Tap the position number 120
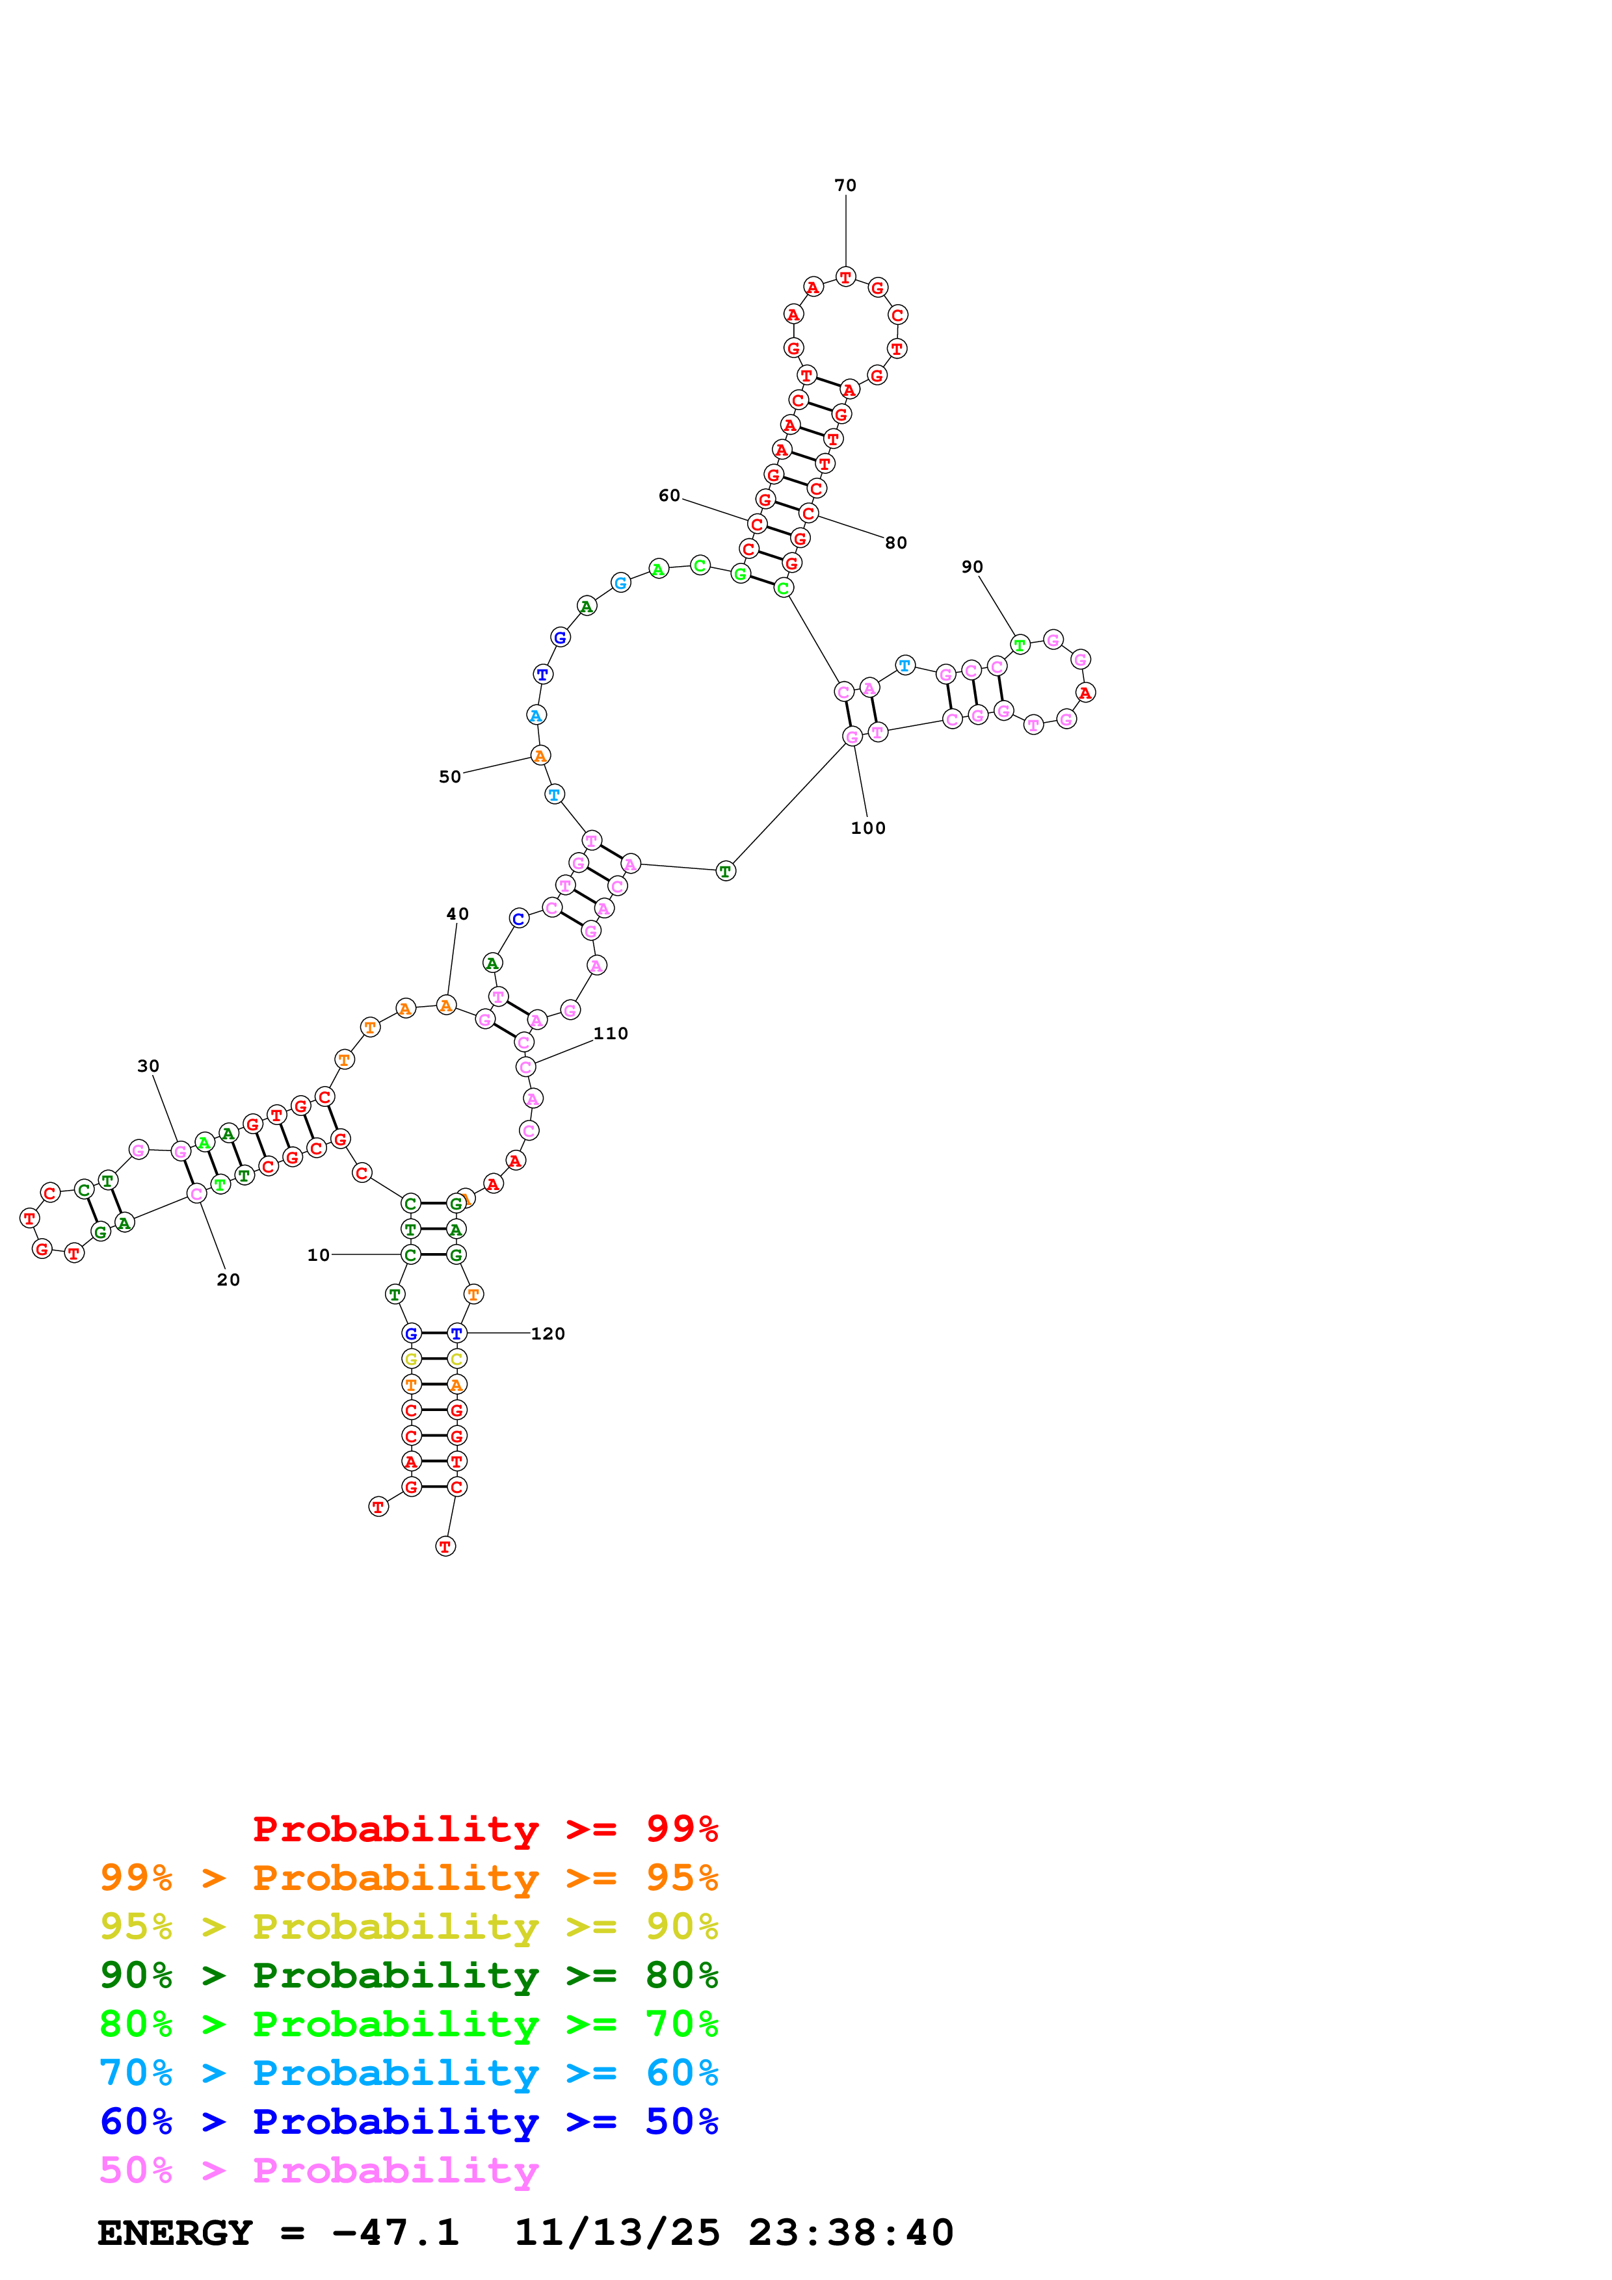point(548,1334)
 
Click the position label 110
point(610,1034)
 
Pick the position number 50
point(450,777)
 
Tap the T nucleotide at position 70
point(845,277)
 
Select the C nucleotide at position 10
point(410,1255)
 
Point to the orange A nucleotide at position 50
point(539,756)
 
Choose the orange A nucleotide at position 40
point(447,1006)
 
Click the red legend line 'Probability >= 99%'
point(484,1829)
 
